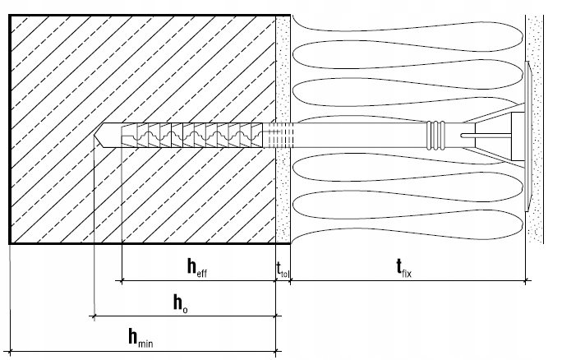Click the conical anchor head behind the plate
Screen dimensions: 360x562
pos(501,133)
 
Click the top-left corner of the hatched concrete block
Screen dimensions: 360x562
pos(10,15)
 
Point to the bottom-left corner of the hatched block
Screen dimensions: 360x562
pos(10,243)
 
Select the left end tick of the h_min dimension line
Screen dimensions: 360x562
pos(10,351)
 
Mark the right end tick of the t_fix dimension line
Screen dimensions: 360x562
pos(526,282)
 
